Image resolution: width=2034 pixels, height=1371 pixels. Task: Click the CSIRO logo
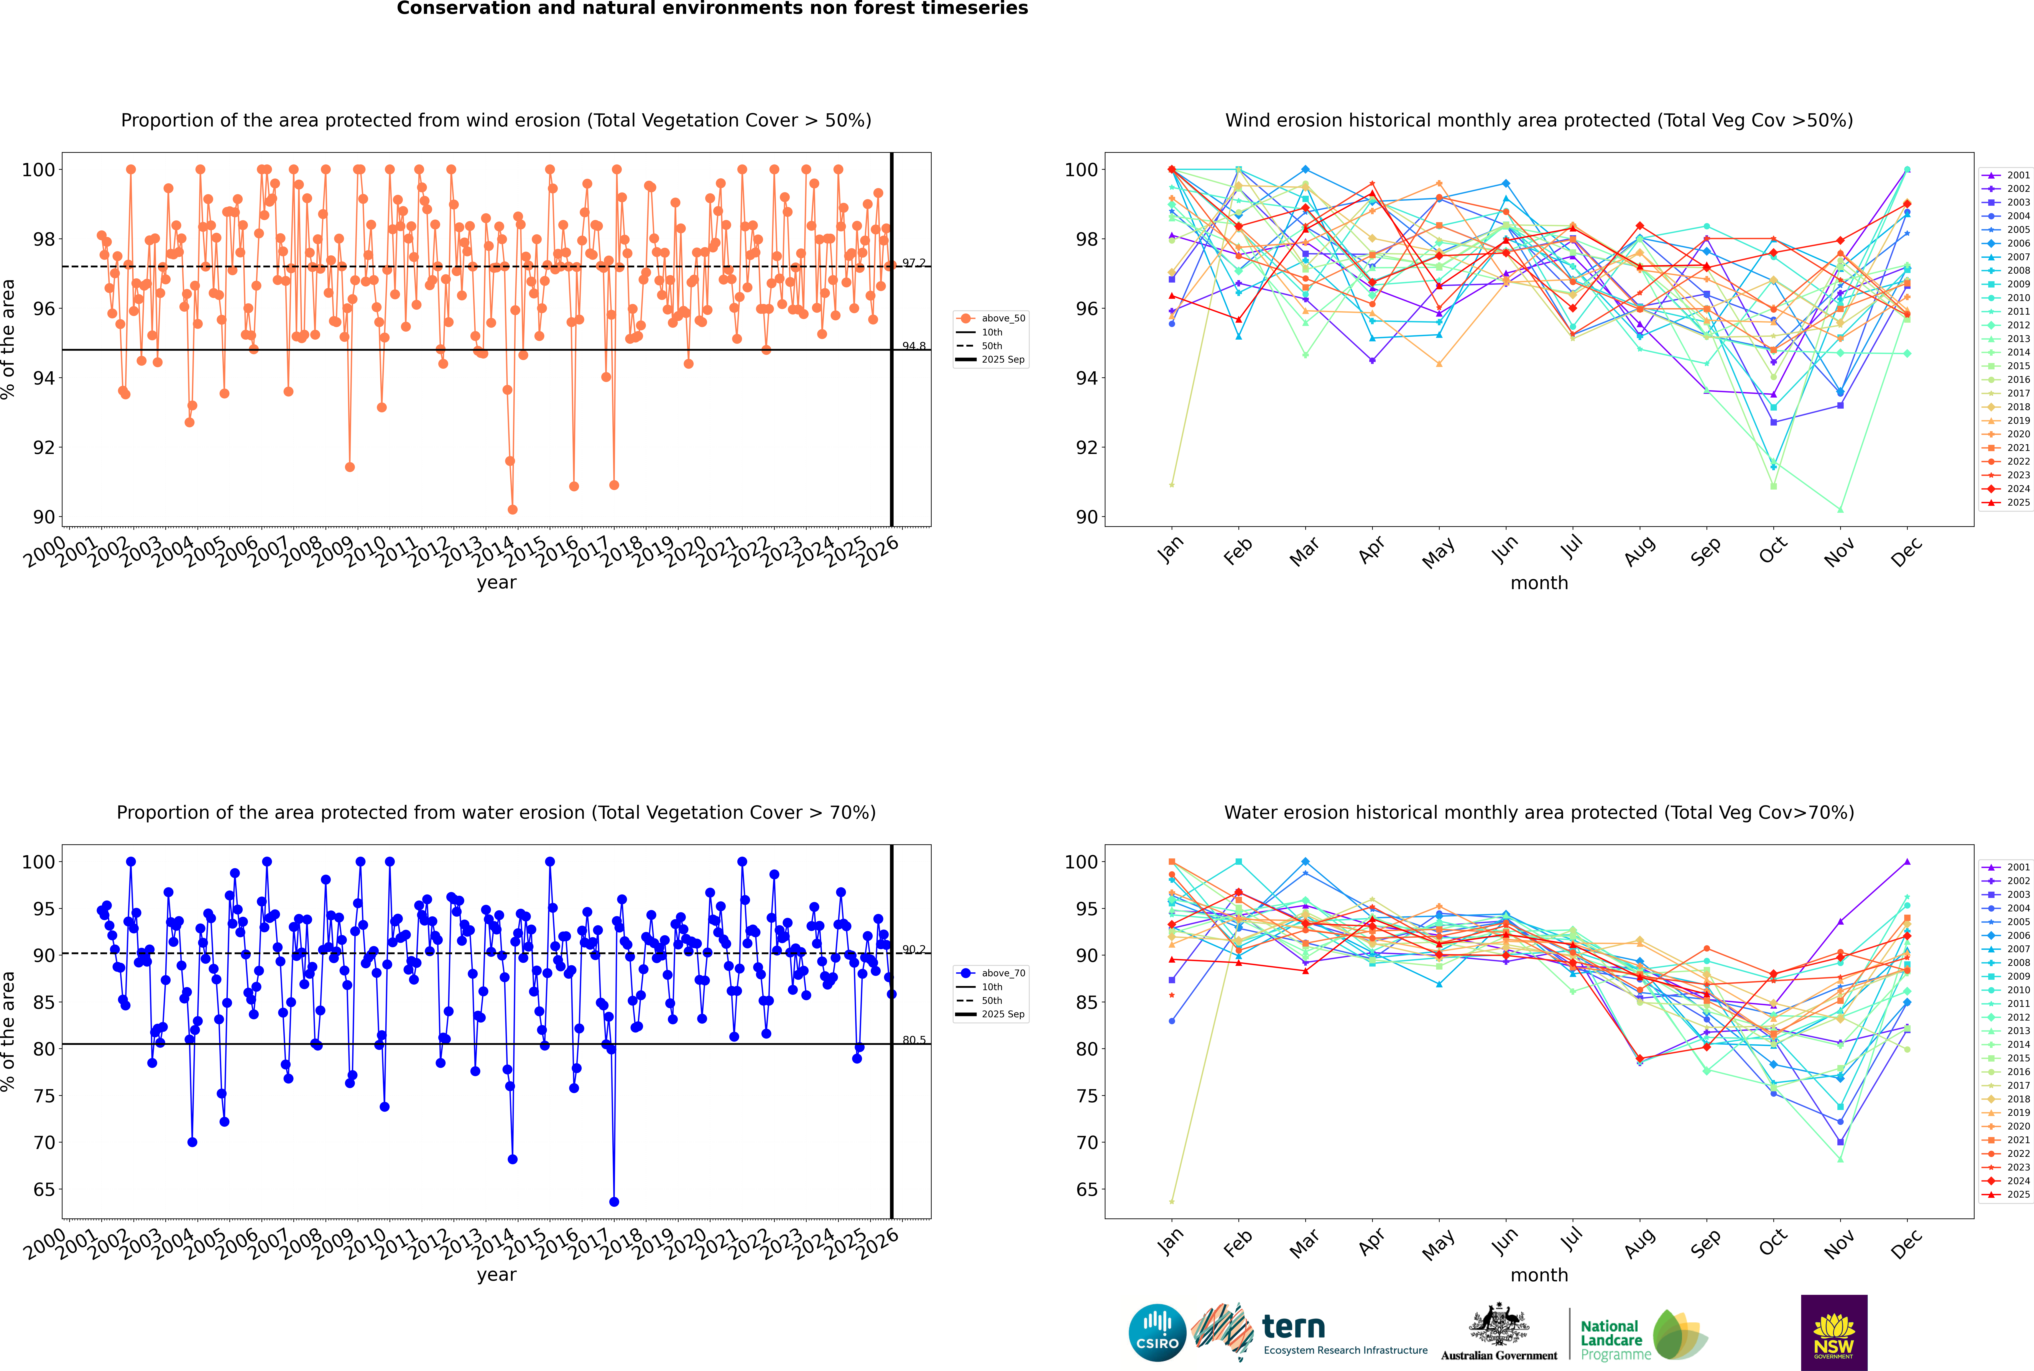1157,1333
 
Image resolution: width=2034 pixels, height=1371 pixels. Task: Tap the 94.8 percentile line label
914,346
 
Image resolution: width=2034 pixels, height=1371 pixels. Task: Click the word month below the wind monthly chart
1539,583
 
